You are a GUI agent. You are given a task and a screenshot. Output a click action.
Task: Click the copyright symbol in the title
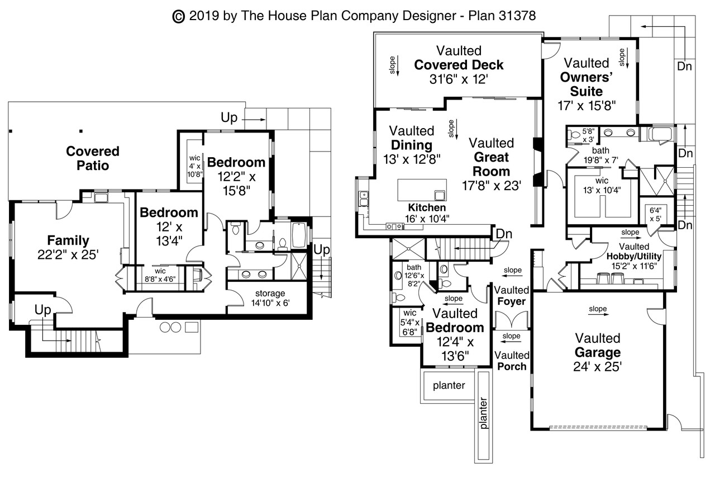click(x=178, y=17)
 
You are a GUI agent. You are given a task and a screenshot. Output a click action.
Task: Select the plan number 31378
click(x=518, y=16)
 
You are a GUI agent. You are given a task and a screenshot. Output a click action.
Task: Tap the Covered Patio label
click(x=93, y=158)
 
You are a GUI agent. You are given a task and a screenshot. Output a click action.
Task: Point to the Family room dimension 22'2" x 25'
click(x=68, y=254)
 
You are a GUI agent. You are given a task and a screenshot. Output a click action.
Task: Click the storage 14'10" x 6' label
click(x=270, y=297)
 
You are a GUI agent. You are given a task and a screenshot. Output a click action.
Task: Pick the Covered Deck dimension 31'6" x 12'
click(x=459, y=79)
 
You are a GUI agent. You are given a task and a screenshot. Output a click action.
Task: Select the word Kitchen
click(x=427, y=207)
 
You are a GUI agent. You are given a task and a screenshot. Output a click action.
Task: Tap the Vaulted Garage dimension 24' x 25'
click(x=597, y=366)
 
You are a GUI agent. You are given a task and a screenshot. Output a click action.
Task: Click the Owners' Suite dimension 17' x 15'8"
click(x=587, y=106)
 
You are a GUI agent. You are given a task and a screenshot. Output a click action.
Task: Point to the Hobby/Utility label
click(x=634, y=256)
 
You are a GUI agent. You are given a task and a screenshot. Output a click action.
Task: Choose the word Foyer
click(x=511, y=301)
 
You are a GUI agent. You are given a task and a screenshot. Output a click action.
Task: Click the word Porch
click(x=512, y=366)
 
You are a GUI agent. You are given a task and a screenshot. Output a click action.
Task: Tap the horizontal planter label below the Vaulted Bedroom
click(x=449, y=386)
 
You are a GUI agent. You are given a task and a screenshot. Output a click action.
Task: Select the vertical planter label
click(x=484, y=413)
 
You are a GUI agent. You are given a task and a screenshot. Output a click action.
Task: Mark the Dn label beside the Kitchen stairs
click(x=504, y=234)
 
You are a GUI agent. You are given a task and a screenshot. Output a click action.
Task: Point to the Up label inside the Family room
click(x=43, y=310)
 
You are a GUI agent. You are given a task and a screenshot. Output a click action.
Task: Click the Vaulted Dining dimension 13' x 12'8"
click(x=412, y=159)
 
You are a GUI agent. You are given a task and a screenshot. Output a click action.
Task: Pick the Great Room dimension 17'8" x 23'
click(x=492, y=185)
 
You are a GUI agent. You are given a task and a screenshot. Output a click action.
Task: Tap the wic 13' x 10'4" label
click(x=602, y=186)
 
